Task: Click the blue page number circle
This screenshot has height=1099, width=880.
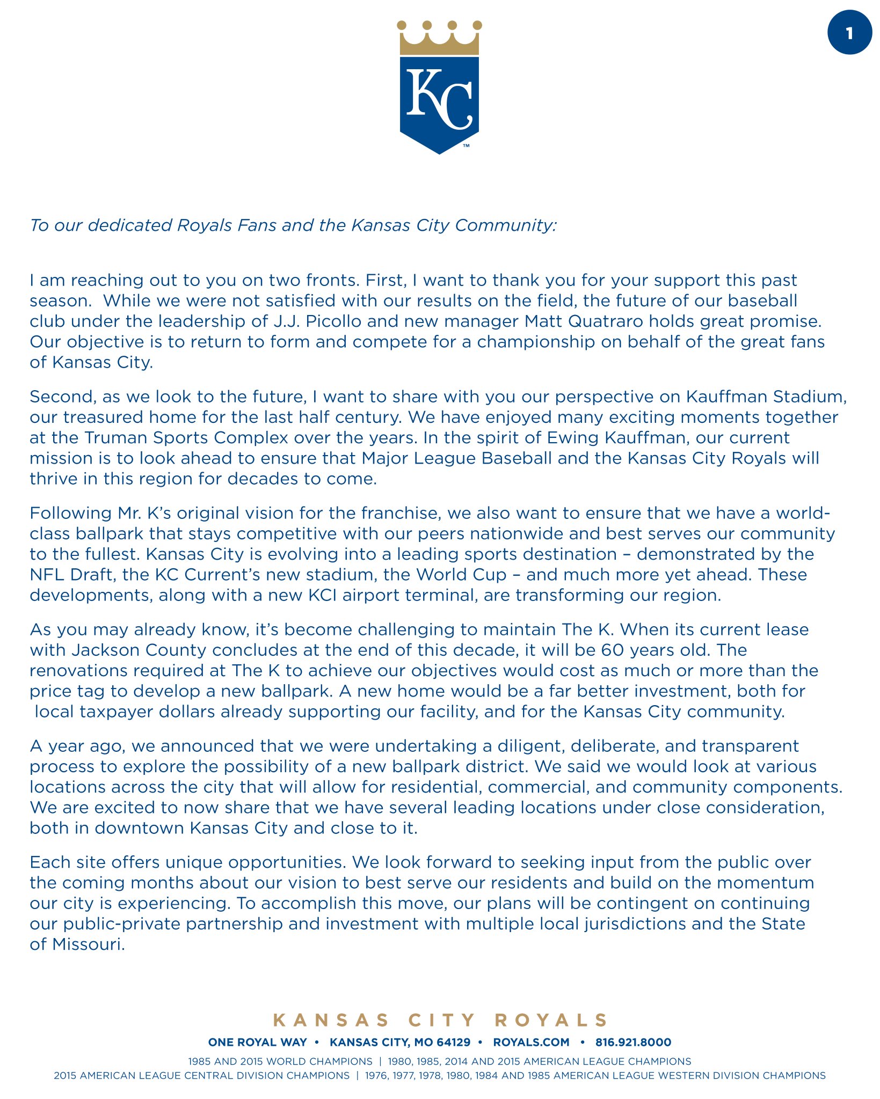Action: pos(849,33)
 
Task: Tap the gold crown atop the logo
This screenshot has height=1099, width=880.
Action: pos(439,40)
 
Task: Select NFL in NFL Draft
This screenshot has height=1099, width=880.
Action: pos(47,575)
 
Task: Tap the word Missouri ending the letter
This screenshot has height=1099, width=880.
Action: pos(89,944)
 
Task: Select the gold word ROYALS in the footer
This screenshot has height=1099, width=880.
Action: pos(551,1020)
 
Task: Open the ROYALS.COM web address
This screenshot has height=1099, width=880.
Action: pos(531,1042)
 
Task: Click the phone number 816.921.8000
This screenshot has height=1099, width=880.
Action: pos(633,1042)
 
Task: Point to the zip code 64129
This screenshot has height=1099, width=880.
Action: pos(453,1042)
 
